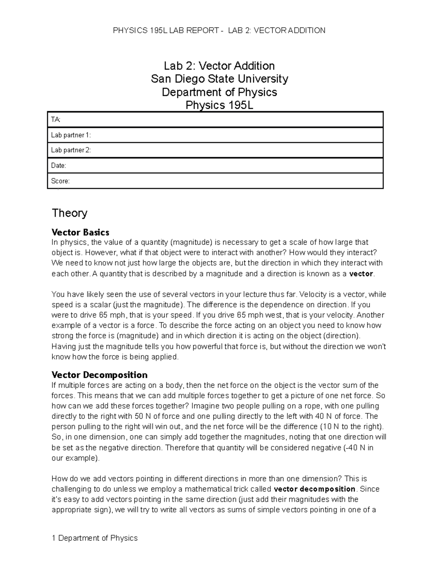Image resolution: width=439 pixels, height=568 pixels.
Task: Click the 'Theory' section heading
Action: [x=70, y=213]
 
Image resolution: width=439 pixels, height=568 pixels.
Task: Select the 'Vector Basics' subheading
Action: [x=80, y=232]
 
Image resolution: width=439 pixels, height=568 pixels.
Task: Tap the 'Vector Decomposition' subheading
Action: [x=100, y=375]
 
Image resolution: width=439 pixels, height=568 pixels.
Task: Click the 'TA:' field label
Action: [x=56, y=120]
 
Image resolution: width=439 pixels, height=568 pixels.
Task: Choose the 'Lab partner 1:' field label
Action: [x=71, y=135]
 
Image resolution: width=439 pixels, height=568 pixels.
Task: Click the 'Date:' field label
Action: [x=59, y=165]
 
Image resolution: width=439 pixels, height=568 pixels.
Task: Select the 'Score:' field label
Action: [x=60, y=181]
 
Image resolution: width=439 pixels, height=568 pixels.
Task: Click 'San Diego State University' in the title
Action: [x=219, y=79]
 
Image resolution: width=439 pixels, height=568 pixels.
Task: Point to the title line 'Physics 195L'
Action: [x=219, y=105]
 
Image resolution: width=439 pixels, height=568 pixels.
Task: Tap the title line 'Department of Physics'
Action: [x=219, y=92]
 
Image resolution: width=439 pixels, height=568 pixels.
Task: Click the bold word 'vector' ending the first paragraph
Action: [x=361, y=274]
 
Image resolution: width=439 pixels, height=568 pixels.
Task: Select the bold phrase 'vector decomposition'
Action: [x=314, y=489]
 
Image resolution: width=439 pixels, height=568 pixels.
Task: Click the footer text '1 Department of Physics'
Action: [x=95, y=538]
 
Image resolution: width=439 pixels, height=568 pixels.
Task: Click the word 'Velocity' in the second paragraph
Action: [x=314, y=294]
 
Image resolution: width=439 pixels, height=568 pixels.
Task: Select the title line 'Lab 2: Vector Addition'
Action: [x=219, y=66]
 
